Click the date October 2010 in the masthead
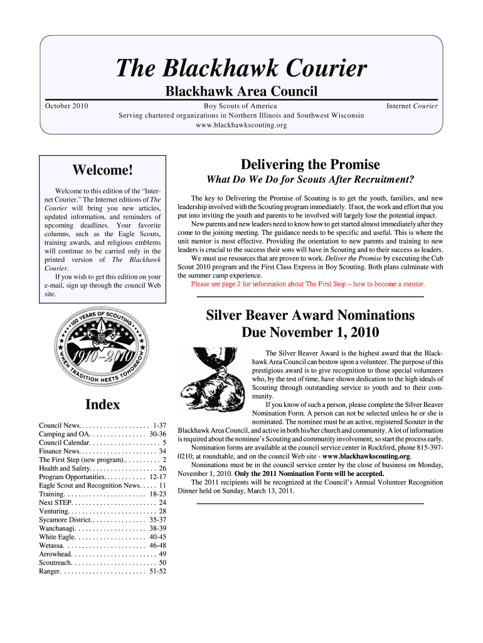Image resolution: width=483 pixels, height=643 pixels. coord(66,106)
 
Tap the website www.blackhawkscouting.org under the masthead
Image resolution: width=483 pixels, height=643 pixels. coord(241,125)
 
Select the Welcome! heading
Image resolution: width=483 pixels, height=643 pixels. coord(102,170)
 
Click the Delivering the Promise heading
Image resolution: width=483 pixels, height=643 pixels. coord(310,165)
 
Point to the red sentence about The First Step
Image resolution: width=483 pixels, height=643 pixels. coord(308,284)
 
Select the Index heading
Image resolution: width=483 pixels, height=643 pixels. coord(102,404)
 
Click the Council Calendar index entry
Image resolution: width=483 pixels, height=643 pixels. coord(102,442)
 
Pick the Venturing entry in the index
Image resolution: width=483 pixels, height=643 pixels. coord(102,511)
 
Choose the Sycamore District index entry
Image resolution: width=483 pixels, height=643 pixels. coord(102,520)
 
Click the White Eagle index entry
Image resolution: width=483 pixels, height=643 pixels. coord(102,537)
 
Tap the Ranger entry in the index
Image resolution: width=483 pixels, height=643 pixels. coord(102,571)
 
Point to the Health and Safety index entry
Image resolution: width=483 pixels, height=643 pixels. coord(102,468)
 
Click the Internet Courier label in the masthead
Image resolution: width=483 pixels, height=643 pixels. coord(412,106)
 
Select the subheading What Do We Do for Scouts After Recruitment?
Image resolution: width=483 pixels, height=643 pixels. coord(310,180)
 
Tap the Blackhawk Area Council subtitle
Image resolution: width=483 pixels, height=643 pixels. coord(242,92)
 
